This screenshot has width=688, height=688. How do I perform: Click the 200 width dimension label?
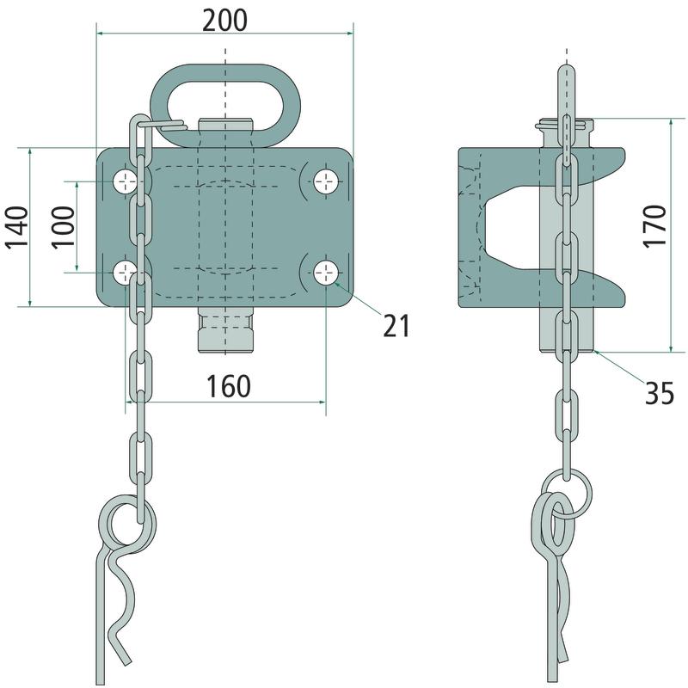click(224, 21)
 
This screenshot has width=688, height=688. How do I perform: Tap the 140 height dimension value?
click(16, 227)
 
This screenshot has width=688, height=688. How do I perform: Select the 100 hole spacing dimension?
click(64, 227)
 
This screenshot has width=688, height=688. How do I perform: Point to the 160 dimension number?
click(229, 386)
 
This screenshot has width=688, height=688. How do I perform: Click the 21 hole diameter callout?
click(396, 326)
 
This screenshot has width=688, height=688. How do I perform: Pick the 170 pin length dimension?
click(655, 227)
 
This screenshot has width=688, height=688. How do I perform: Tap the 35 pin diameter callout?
click(660, 393)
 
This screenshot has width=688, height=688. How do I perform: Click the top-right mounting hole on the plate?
click(326, 181)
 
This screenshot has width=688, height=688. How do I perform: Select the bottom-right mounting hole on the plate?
click(326, 273)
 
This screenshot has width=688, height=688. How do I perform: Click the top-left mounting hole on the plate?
click(126, 181)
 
